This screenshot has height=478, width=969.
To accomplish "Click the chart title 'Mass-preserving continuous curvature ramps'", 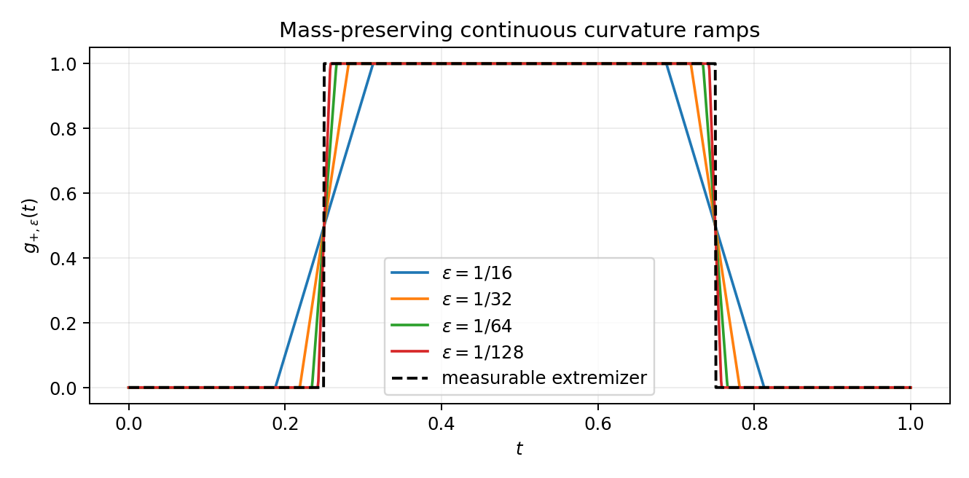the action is pos(519,31).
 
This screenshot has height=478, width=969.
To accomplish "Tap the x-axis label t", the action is pos(519,449).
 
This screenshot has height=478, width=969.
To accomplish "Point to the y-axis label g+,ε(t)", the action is pos(31,225).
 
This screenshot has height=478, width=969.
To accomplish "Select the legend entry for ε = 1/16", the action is pos(451,273).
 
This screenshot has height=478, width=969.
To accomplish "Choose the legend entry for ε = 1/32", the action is pos(451,299).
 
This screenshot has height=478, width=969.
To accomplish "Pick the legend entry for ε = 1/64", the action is pos(451,326).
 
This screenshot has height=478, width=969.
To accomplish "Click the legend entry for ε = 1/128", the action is pos(458,352).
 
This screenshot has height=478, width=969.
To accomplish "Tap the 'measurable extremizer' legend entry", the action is pos(519,378).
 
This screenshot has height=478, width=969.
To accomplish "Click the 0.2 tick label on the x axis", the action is pos(285,424).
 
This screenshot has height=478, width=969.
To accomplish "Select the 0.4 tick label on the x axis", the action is pos(442,424).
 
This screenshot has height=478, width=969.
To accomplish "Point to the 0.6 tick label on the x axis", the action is pos(598,424).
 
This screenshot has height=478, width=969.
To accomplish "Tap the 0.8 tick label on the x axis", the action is pos(755,424).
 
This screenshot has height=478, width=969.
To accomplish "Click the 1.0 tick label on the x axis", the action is pos(911,424).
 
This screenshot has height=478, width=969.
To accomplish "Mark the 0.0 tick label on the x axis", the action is pos(128,424).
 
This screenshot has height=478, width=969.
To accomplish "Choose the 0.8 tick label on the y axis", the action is pos(63,129).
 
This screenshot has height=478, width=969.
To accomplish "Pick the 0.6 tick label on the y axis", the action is pos(63,194).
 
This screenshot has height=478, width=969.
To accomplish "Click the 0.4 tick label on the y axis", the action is pos(63,259).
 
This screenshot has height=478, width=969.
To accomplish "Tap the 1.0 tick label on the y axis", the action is pos(63,64).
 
